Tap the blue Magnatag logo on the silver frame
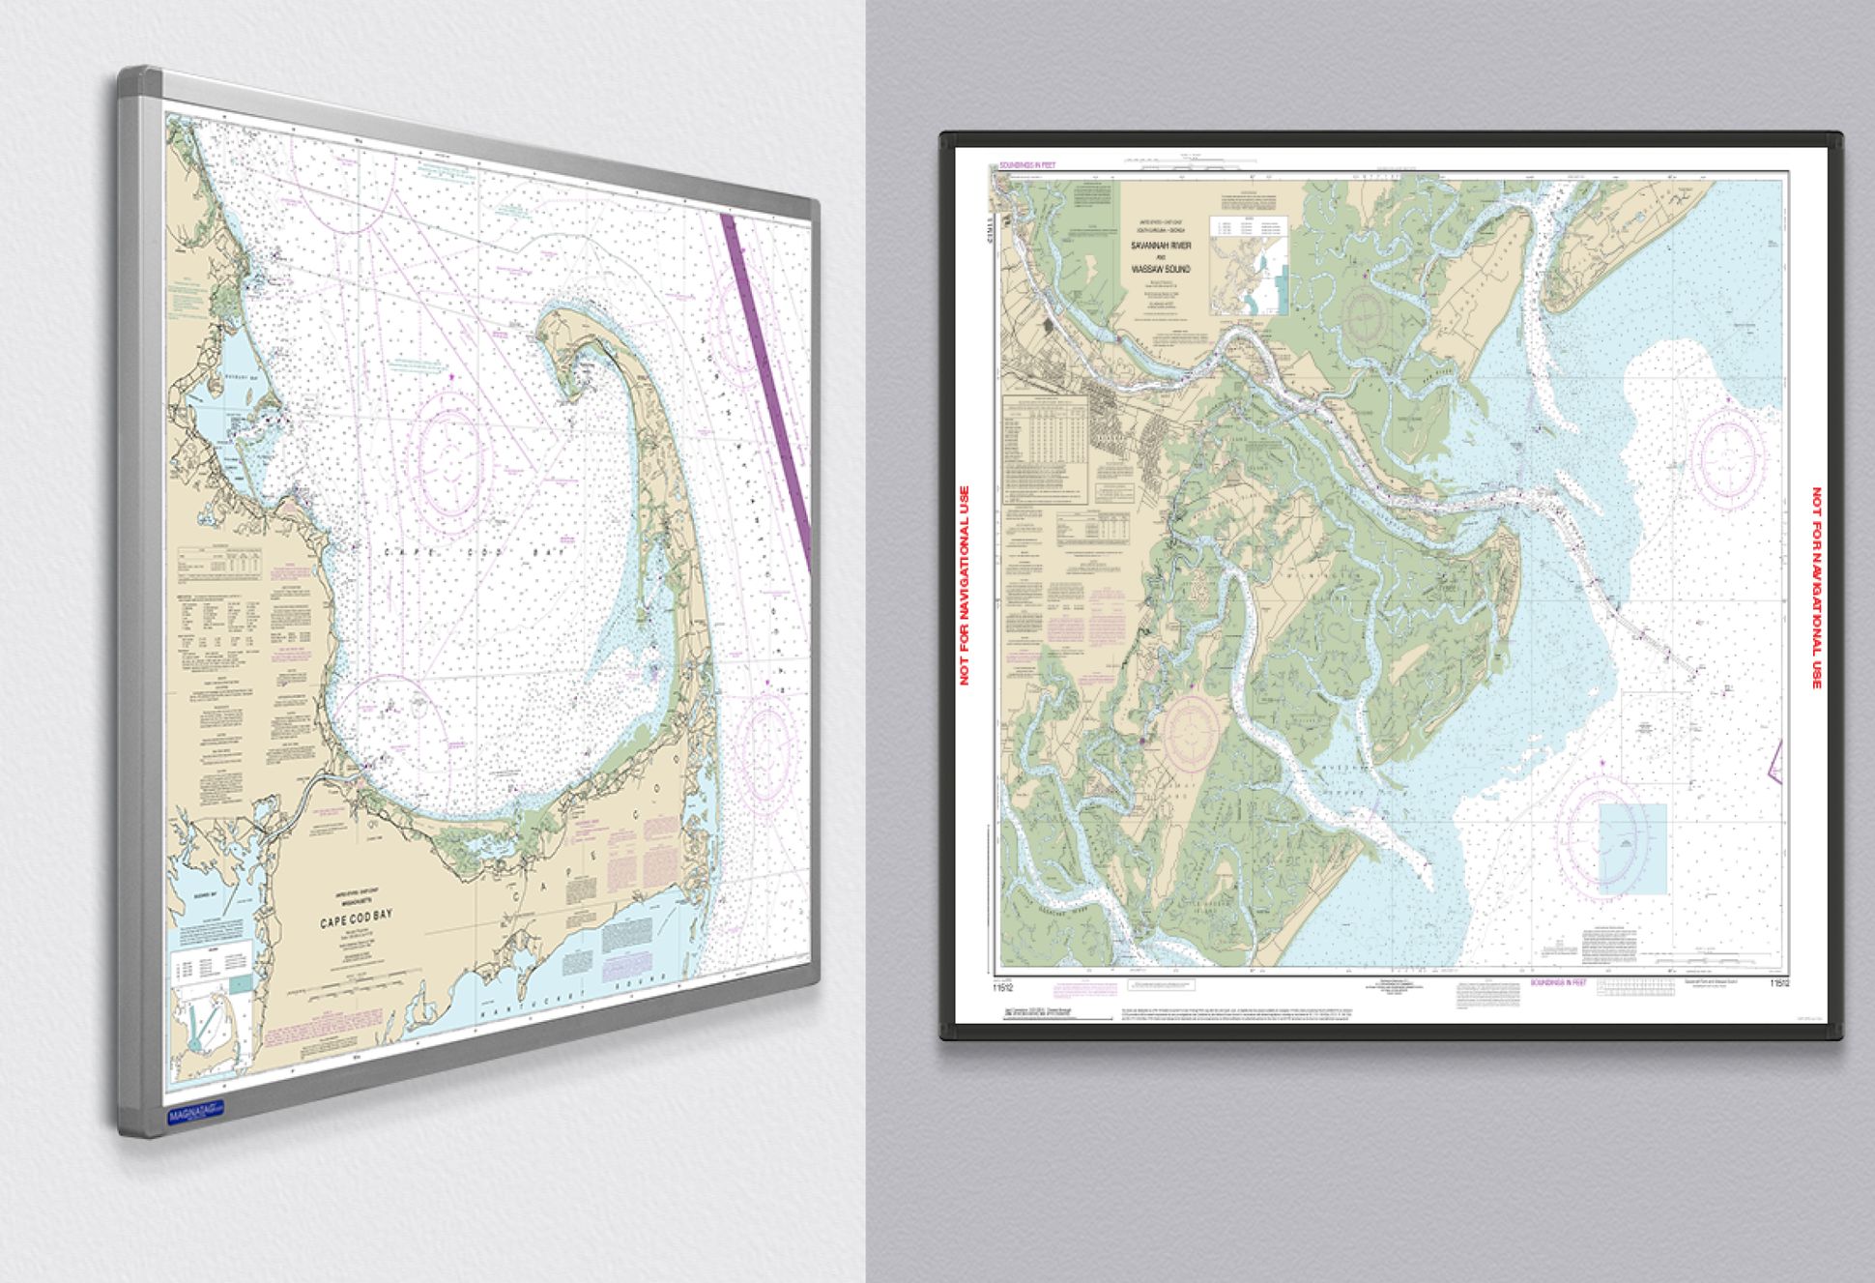pyautogui.click(x=195, y=1115)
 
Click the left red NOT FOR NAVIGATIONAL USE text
pyautogui.click(x=964, y=586)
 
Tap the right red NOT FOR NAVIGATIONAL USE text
pyautogui.click(x=1816, y=588)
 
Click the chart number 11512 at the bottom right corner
pyautogui.click(x=1779, y=983)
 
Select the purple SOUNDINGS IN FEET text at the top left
pyautogui.click(x=1027, y=165)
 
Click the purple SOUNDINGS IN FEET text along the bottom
pyautogui.click(x=1557, y=982)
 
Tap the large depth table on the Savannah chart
pyautogui.click(x=1045, y=450)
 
